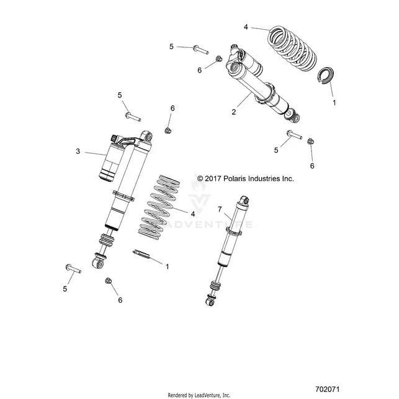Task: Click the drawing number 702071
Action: click(327, 389)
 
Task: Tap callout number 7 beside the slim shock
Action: click(220, 209)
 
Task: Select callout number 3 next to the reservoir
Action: click(78, 151)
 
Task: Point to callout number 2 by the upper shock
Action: click(234, 112)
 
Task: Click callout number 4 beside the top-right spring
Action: click(246, 27)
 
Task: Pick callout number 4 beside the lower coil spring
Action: click(193, 214)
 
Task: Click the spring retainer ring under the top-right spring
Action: click(325, 76)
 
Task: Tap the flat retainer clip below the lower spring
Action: click(141, 254)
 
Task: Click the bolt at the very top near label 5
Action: click(201, 50)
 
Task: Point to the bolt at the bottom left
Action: click(73, 269)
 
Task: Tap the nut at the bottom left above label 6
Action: click(109, 280)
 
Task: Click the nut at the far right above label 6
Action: click(310, 141)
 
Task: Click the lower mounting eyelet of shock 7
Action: click(210, 302)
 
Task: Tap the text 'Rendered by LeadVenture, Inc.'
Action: click(199, 395)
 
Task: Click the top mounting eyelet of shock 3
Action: click(147, 137)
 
